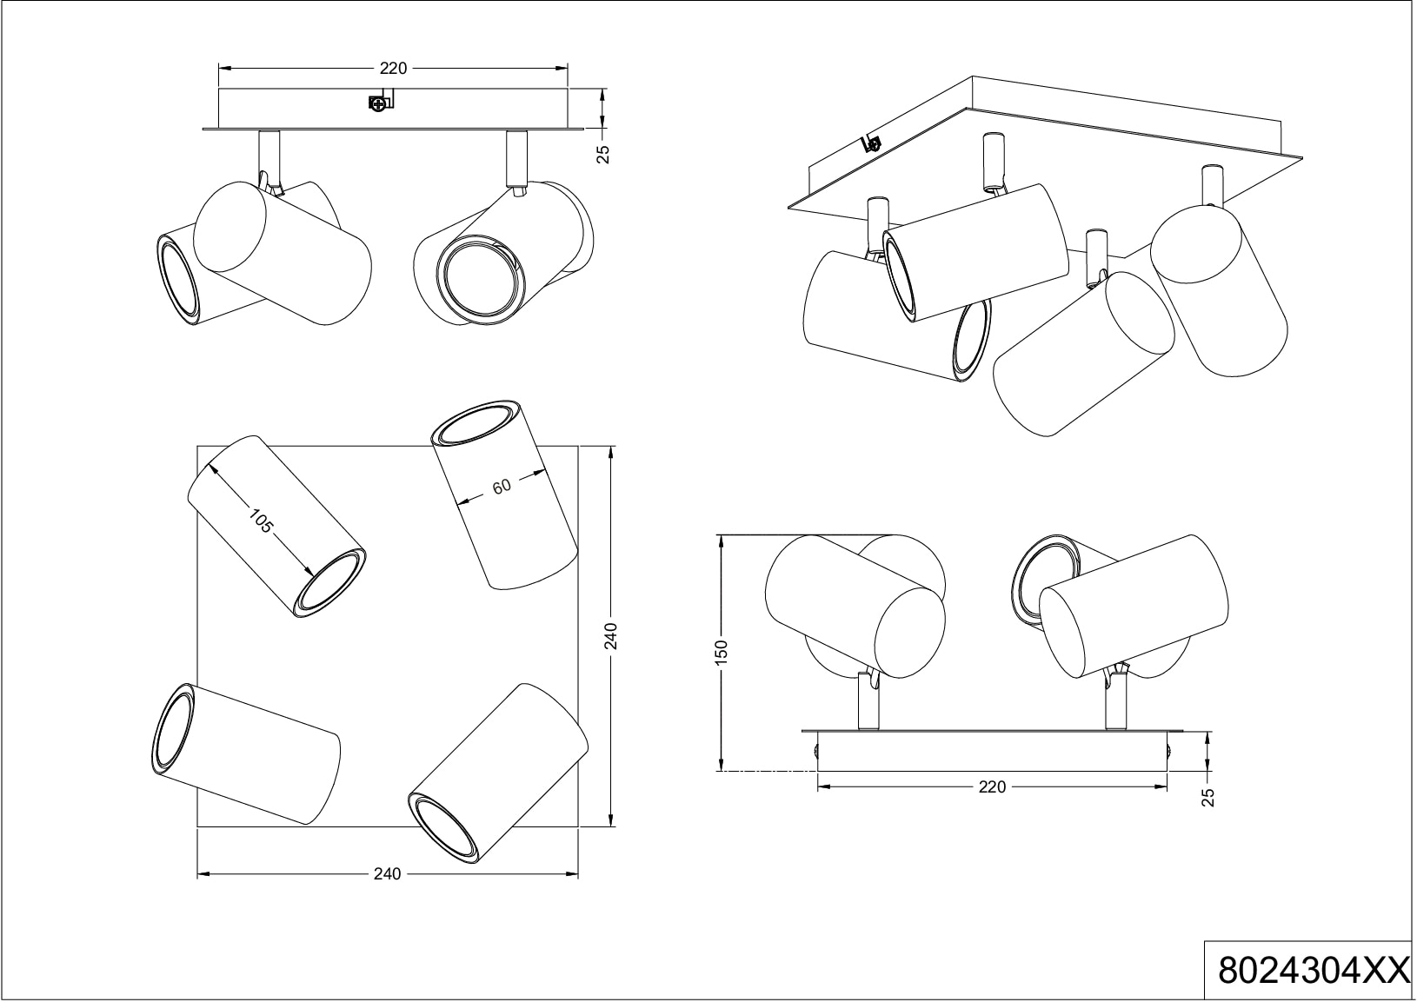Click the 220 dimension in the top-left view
[394, 69]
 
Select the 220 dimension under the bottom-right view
[991, 786]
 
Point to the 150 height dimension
[721, 653]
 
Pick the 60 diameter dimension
[502, 488]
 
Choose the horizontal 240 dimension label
[387, 873]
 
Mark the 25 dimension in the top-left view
[604, 154]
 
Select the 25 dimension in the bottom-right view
[1208, 797]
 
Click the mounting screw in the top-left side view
[378, 104]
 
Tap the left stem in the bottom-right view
[868, 700]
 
